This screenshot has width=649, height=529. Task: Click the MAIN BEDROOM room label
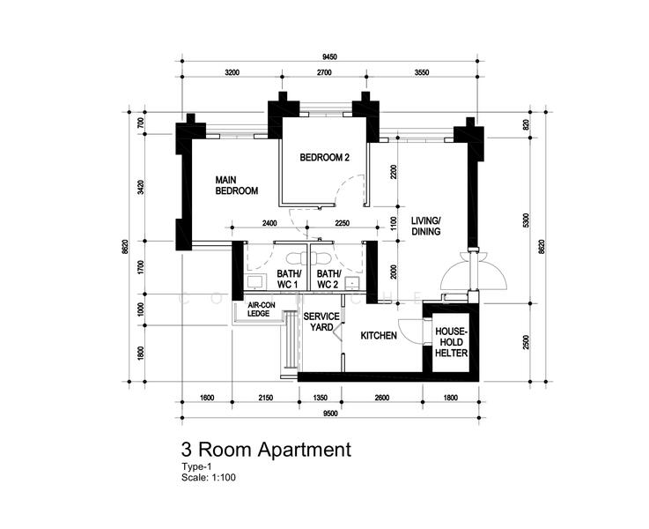pos(236,185)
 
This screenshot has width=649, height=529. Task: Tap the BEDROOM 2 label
pos(324,158)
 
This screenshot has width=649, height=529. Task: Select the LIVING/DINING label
pos(426,226)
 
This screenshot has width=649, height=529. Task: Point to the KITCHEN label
pos(379,336)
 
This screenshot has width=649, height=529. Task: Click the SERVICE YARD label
pos(321,322)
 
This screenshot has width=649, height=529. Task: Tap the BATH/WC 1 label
pos(289,279)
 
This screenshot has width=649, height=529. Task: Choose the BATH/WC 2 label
pos(328,279)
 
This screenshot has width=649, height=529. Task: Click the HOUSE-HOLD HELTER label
pos(451,342)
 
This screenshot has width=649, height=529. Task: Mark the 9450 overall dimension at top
pos(329,56)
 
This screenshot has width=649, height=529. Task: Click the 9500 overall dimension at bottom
pos(330,413)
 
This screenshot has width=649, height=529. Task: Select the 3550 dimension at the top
pos(422,72)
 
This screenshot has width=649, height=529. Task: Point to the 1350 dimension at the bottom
pos(320,398)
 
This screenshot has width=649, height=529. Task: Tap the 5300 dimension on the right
pos(526,220)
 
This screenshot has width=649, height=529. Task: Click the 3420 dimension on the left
pos(141,188)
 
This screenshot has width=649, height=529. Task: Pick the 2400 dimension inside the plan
pos(269,223)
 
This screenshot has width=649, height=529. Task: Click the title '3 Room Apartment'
pos(266,450)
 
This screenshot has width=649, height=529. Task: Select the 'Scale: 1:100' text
pos(209,477)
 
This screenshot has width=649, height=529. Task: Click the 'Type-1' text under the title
pos(196,466)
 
